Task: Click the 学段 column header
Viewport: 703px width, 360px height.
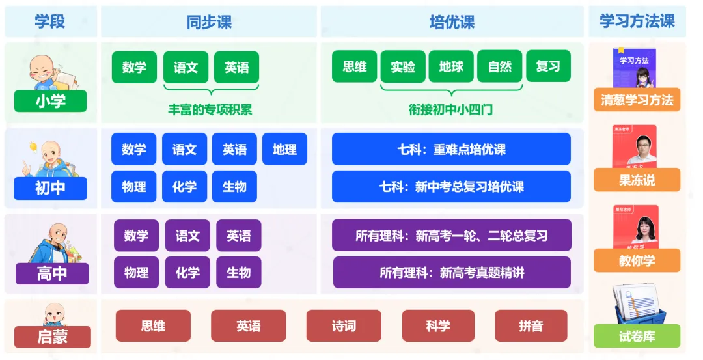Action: pos(50,21)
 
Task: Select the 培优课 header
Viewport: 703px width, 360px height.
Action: pos(452,22)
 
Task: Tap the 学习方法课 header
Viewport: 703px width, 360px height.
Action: pos(637,21)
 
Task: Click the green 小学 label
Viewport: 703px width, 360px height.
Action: pos(51,101)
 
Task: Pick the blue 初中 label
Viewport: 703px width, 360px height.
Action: pos(51,188)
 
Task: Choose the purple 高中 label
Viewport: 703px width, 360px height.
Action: pos(51,273)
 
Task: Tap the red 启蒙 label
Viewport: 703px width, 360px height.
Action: pos(52,337)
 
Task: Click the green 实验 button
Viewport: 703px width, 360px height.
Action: pos(403,67)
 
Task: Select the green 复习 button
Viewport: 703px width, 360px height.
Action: pos(548,67)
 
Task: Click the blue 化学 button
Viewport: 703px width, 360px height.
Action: pos(184,187)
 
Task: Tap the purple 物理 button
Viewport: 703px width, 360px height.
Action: pos(136,272)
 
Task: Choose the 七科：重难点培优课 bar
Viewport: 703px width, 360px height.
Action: pos(451,149)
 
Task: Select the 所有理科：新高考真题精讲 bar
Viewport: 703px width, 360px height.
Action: pos(452,272)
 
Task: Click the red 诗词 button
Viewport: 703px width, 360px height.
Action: pos(344,325)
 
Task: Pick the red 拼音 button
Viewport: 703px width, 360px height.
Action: pos(531,325)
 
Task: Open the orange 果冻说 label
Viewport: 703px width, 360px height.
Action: pos(637,180)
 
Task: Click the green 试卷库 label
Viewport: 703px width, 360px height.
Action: pos(637,336)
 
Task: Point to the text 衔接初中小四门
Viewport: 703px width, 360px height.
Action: pos(450,110)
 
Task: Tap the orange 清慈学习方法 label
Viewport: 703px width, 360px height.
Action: pos(637,100)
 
